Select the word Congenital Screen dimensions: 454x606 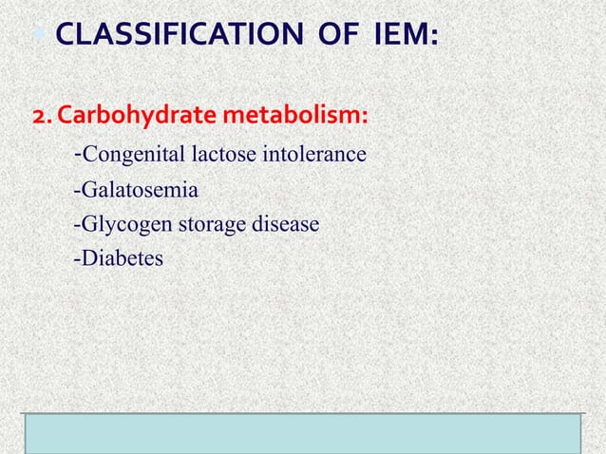click(134, 154)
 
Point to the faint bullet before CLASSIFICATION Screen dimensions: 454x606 click(46, 38)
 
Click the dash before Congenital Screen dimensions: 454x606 click(77, 152)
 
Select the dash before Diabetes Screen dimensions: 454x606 click(76, 258)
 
